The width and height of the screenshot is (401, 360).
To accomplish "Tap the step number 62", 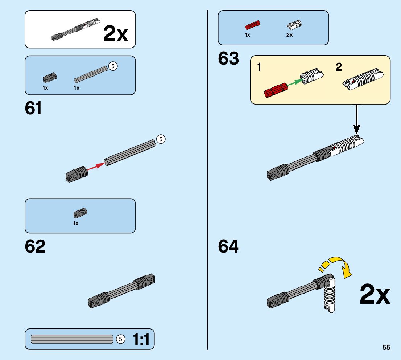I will [35, 246].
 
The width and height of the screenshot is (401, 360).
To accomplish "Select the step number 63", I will [228, 59].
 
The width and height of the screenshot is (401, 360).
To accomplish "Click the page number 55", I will [386, 347].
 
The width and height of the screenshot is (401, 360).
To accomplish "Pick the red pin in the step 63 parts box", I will [253, 25].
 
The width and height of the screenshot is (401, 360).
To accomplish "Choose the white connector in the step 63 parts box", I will [295, 25].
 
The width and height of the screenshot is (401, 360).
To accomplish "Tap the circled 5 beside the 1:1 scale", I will [120, 339].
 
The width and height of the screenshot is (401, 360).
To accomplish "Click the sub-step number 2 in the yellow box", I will [339, 67].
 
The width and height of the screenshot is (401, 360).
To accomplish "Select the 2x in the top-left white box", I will [116, 34].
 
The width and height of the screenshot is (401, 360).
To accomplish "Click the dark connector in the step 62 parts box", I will [80, 213].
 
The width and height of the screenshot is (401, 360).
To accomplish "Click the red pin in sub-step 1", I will [275, 90].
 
